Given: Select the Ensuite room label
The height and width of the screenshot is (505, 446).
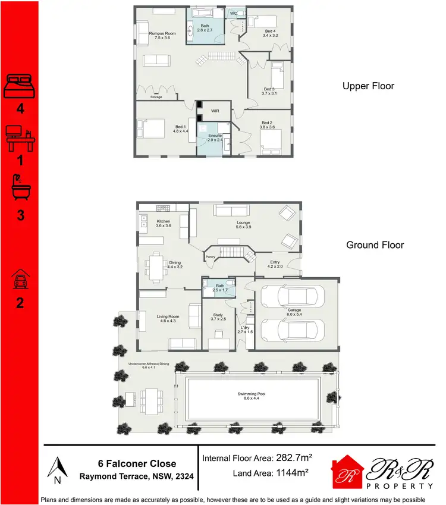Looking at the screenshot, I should coord(215,138).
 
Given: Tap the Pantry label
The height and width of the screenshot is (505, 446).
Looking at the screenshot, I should coord(210,257).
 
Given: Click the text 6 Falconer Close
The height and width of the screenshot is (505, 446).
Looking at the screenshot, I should coord(137,463).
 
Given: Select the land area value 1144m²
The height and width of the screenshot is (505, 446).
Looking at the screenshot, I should coord(293,473).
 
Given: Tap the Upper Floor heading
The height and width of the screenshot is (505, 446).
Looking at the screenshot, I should coord(368,86).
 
